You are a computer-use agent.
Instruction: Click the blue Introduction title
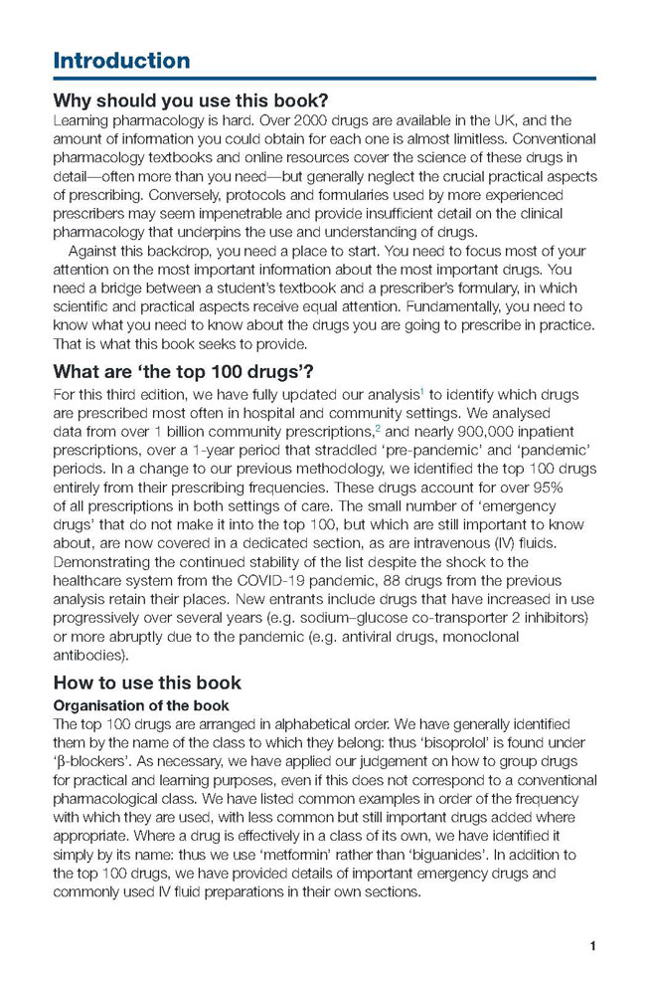coord(121,60)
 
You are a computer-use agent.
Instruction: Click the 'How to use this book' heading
coord(146,683)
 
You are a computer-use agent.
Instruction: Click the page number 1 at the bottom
coord(592,945)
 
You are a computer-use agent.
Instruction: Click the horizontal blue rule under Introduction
coord(324,79)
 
